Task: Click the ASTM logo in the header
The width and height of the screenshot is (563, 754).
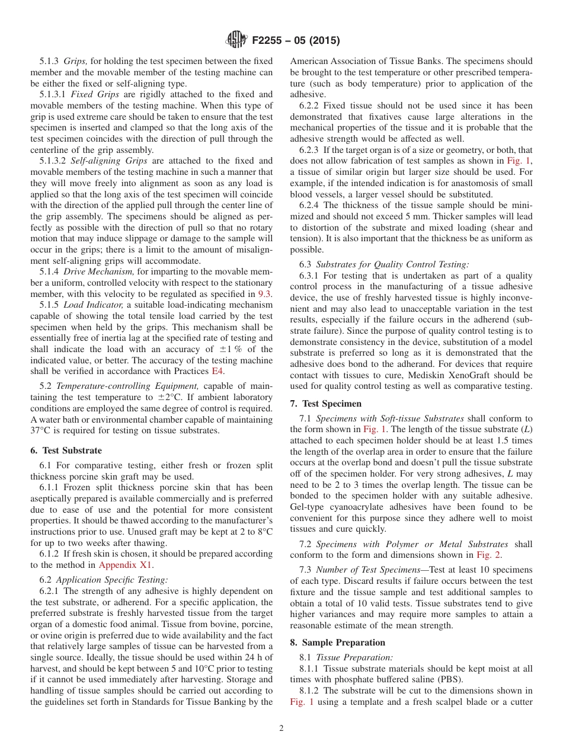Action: (x=236, y=41)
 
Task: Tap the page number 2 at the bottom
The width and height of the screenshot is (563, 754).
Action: (x=281, y=729)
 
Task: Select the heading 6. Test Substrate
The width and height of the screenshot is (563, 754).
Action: (x=65, y=450)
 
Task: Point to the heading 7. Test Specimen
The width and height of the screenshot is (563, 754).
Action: (x=325, y=403)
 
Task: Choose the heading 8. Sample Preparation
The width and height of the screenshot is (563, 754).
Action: (x=337, y=642)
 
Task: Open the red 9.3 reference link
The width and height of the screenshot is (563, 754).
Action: (x=265, y=293)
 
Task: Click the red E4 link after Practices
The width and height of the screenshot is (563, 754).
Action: (x=218, y=371)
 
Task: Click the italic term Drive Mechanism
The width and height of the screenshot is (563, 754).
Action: (x=95, y=271)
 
